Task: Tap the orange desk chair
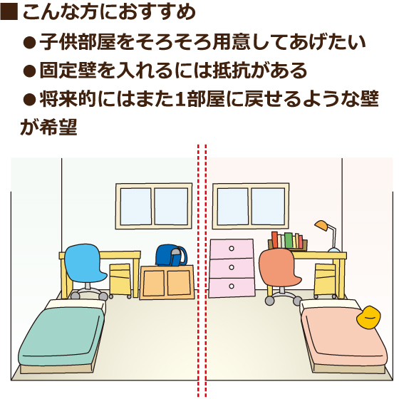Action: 279,270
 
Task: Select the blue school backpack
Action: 171,255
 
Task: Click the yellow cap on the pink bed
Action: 368,318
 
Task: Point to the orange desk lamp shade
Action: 321,226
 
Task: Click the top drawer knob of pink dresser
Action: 232,248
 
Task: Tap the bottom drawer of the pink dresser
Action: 232,287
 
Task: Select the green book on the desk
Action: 289,240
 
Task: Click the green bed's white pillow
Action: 76,304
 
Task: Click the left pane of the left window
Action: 136,207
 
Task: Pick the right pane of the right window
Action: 268,207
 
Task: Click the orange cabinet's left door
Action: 154,283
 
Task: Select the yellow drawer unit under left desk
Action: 120,280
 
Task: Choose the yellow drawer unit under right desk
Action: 325,280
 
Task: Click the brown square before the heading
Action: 9,11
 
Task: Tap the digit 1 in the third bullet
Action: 180,99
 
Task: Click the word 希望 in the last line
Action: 58,127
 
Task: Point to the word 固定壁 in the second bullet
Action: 68,71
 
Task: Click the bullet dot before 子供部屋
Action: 29,43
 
